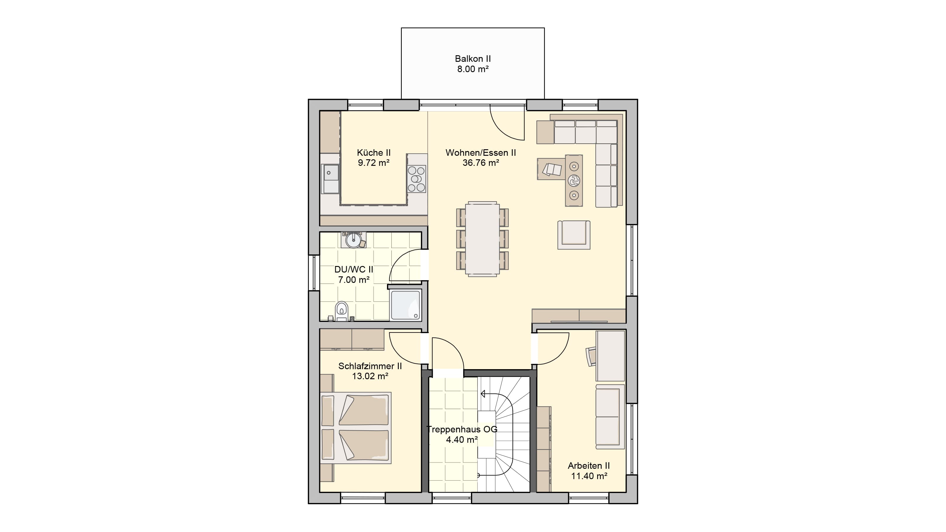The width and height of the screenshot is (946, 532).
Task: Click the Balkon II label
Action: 473,59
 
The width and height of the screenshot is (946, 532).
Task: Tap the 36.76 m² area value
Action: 481,163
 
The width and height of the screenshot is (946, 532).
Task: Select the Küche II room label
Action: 373,153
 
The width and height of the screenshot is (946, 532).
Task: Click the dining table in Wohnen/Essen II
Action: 482,239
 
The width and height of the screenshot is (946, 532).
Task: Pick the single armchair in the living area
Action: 574,235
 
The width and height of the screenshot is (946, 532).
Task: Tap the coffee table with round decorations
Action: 574,181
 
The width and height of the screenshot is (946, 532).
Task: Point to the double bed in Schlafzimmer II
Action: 355,428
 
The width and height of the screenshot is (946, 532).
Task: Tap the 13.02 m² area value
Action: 370,376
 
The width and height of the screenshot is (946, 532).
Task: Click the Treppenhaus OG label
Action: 462,429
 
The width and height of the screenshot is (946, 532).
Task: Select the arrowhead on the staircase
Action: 483,394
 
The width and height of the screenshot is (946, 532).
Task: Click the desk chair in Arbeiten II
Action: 591,356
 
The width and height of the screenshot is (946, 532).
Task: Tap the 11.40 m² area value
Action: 589,476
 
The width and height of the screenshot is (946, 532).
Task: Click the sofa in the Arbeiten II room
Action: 610,417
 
